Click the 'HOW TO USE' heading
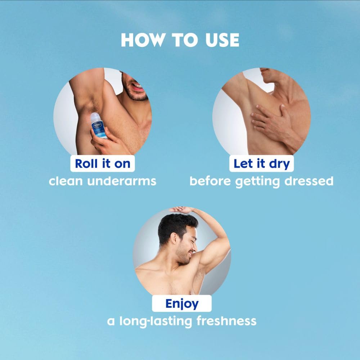(180, 40)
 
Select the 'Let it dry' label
(261, 163)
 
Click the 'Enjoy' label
(181, 303)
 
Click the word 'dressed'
(309, 181)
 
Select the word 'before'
(211, 181)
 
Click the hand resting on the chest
(268, 119)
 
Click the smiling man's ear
(173, 239)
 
